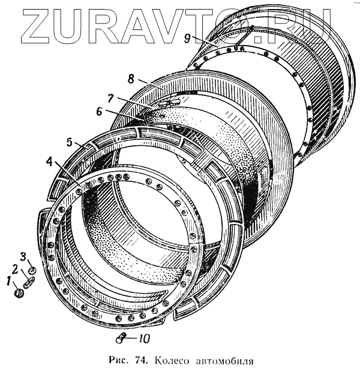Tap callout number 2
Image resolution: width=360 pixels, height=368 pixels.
(x=16, y=268)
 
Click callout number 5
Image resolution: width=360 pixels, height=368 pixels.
(x=70, y=142)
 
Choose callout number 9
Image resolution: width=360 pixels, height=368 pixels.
(x=188, y=38)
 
